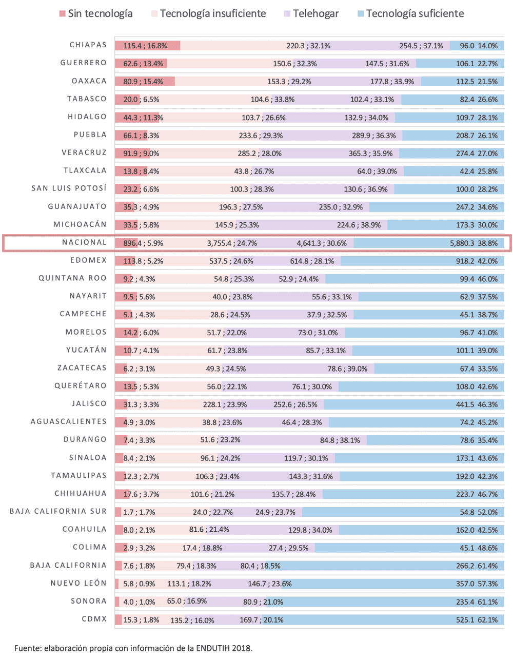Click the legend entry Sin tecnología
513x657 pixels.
(96, 14)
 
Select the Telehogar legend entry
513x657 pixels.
(311, 14)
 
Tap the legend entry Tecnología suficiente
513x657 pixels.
(410, 14)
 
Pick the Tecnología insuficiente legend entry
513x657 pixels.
(208, 14)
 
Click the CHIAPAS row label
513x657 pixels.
(88, 45)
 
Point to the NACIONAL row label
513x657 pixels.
(85, 242)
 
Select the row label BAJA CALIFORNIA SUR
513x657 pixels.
(58, 511)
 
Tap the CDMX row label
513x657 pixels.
(94, 619)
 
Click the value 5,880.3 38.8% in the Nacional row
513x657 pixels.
(473, 243)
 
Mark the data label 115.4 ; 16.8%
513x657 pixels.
(145, 46)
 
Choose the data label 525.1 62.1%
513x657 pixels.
(477, 620)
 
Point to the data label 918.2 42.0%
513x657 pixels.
(477, 261)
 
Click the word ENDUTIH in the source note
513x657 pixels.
(212, 648)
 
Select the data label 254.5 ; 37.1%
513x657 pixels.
(421, 46)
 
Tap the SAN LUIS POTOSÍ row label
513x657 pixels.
(69, 188)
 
